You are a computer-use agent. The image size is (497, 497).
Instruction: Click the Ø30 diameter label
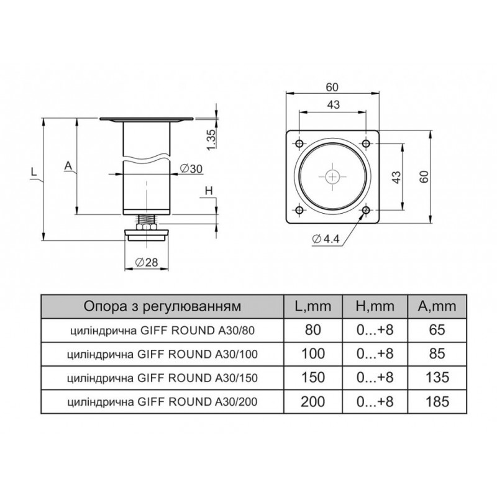(x=191, y=169)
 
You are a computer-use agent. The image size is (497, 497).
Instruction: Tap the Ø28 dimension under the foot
(x=147, y=262)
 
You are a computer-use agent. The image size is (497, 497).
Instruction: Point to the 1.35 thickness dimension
(x=211, y=139)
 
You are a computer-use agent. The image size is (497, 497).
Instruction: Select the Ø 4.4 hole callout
(x=326, y=239)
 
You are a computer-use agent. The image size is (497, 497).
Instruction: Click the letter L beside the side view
(x=34, y=172)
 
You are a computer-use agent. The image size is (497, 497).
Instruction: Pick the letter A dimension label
(x=68, y=165)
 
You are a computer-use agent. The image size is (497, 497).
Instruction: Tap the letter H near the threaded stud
(x=209, y=191)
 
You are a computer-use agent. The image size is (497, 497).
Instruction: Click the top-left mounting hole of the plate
(x=299, y=144)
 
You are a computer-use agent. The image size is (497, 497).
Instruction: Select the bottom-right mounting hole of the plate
(x=366, y=210)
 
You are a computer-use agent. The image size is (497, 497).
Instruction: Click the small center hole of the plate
(x=332, y=176)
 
